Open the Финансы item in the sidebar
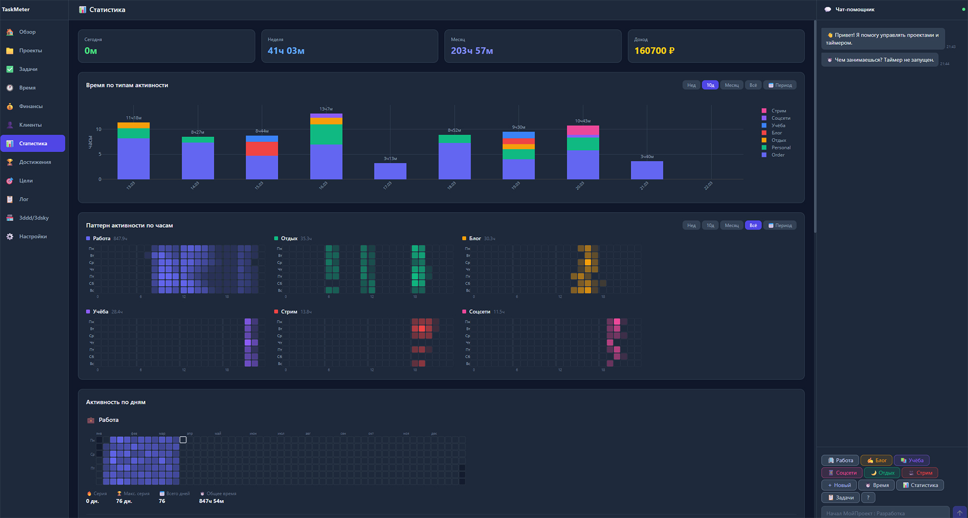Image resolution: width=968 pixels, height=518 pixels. [x=31, y=106]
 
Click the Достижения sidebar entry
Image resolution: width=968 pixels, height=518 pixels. [x=35, y=162]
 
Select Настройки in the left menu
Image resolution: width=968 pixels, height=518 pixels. [x=33, y=236]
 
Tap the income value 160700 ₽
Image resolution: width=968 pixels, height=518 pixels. [x=654, y=51]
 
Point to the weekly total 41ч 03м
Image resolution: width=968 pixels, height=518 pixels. [x=286, y=51]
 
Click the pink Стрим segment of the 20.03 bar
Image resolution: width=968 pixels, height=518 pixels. [x=583, y=130]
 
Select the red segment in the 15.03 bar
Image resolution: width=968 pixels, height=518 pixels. [x=262, y=149]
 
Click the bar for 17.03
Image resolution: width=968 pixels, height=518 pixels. [x=390, y=171]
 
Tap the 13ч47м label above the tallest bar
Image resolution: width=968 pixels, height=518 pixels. [x=326, y=109]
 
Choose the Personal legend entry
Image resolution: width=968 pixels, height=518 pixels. [x=780, y=148]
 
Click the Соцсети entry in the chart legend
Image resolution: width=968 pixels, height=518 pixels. [x=780, y=118]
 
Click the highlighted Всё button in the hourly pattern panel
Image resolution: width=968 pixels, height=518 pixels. [x=753, y=225]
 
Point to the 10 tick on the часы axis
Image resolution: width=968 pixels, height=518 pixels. [x=99, y=129]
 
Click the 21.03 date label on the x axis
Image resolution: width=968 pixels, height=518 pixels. [x=644, y=185]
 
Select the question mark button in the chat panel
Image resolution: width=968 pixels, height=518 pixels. [x=868, y=498]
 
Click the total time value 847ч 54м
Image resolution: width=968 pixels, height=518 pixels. [x=211, y=501]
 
